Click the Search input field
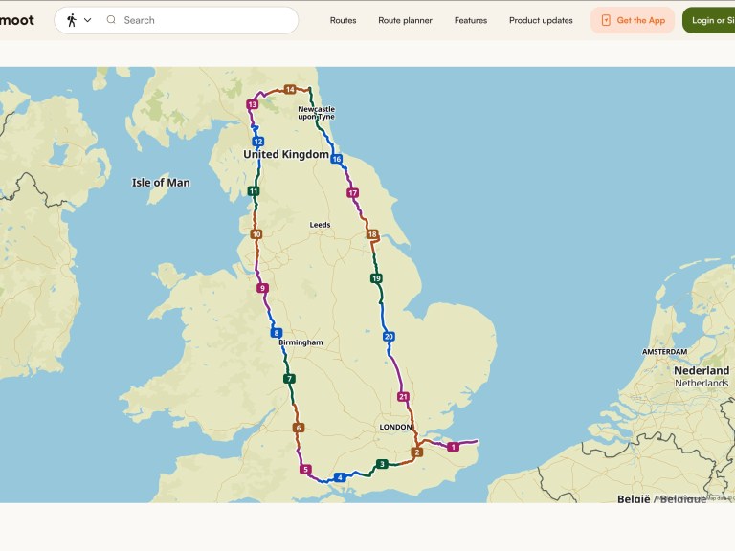coord(206,20)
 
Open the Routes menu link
coord(343,20)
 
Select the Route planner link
coord(405,20)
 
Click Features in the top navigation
coord(471,20)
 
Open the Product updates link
coord(541,20)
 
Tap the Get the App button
coord(633,20)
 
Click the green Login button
coord(709,20)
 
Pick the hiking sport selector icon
coord(73,20)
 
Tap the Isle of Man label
coord(161,183)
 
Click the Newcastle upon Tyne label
coord(317,113)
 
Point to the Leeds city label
coord(320,225)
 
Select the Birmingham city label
coord(301,342)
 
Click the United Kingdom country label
coord(286,155)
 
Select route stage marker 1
coord(454,447)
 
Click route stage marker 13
coord(253,104)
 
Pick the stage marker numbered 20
coord(389,337)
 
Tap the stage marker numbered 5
coord(305,469)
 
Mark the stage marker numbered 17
coord(353,193)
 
